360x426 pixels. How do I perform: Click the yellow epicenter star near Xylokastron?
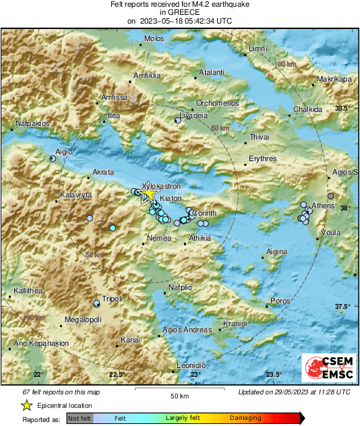click(148, 194)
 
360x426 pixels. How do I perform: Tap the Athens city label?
click(323, 205)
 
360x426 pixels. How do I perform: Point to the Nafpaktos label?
click(32, 124)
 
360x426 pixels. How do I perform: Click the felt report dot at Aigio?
click(53, 159)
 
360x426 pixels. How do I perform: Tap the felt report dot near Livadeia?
click(178, 121)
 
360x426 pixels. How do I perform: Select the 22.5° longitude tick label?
click(117, 375)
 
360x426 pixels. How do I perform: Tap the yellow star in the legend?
click(26, 406)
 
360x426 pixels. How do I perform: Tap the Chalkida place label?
click(308, 110)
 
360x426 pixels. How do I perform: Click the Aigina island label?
click(277, 251)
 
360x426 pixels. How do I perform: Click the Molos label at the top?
click(154, 38)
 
